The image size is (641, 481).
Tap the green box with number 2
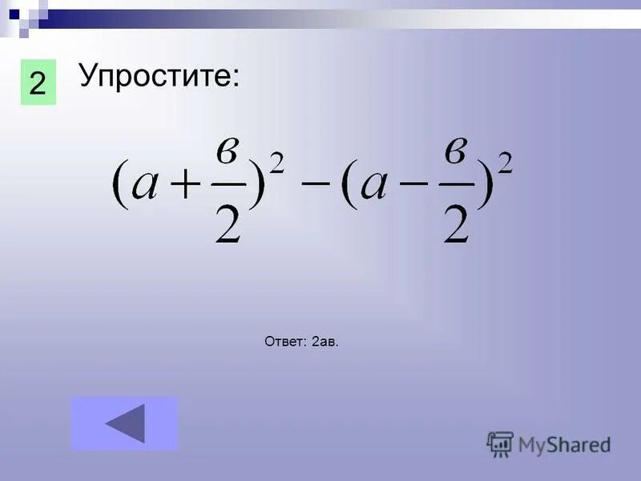tap(38, 83)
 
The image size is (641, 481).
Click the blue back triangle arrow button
tap(125, 422)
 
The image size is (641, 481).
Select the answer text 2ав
tap(325, 342)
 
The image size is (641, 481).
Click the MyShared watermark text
tap(565, 444)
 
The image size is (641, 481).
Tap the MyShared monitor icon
tap(500, 444)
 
